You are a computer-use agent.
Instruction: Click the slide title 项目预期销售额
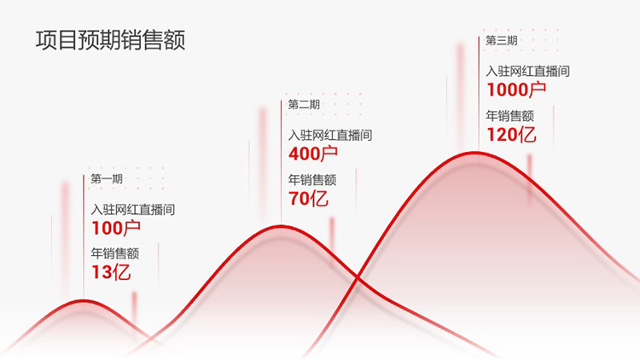(x=111, y=40)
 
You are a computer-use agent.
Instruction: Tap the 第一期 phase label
(x=107, y=179)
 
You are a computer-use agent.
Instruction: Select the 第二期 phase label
(x=304, y=104)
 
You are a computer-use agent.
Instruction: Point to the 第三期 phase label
(x=502, y=40)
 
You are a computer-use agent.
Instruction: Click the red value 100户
(x=116, y=228)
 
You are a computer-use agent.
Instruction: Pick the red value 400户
(x=313, y=154)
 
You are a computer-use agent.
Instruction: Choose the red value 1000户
(x=516, y=90)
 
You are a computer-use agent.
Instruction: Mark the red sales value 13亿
(x=111, y=272)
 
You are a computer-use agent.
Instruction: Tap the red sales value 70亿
(x=308, y=199)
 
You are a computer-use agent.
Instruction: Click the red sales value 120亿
(x=511, y=135)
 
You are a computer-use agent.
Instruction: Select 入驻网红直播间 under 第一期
(x=133, y=210)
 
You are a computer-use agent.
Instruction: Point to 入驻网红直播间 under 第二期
(x=330, y=135)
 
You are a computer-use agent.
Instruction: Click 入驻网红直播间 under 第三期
(x=527, y=72)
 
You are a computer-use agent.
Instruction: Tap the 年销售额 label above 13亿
(x=115, y=253)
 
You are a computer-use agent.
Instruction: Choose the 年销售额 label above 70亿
(x=312, y=180)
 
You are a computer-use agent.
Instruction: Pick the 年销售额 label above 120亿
(x=509, y=116)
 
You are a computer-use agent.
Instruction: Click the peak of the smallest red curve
(x=84, y=301)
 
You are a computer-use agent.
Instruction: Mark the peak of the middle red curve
(x=281, y=226)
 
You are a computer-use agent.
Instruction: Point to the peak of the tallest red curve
(x=475, y=153)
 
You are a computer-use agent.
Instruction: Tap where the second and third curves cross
(x=358, y=278)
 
